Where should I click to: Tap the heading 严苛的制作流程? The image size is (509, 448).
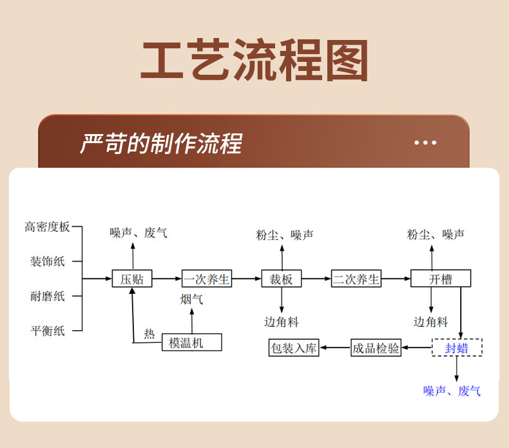[x=160, y=144]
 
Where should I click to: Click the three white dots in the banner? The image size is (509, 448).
[x=425, y=142]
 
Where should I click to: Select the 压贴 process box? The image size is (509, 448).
[x=132, y=278]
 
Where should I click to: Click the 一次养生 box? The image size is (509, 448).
[x=206, y=278]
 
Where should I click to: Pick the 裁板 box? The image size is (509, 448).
[x=282, y=278]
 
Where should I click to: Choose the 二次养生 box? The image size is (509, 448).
[x=356, y=278]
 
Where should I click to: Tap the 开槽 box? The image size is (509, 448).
[x=441, y=278]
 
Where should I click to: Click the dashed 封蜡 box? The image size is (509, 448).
[x=457, y=348]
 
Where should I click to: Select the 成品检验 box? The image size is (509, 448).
[x=376, y=348]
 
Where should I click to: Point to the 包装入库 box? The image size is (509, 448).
[x=294, y=348]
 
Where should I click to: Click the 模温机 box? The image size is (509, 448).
[x=191, y=342]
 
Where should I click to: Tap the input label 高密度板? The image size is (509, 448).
[x=47, y=227]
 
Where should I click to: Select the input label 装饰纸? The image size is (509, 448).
[x=48, y=262]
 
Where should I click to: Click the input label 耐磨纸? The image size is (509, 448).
[x=48, y=297]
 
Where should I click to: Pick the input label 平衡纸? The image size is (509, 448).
[x=48, y=331]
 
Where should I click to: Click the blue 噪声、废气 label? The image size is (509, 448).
[x=452, y=391]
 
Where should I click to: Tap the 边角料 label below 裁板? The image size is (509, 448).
[x=282, y=322]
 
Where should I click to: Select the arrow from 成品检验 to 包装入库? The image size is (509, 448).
[x=335, y=348]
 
